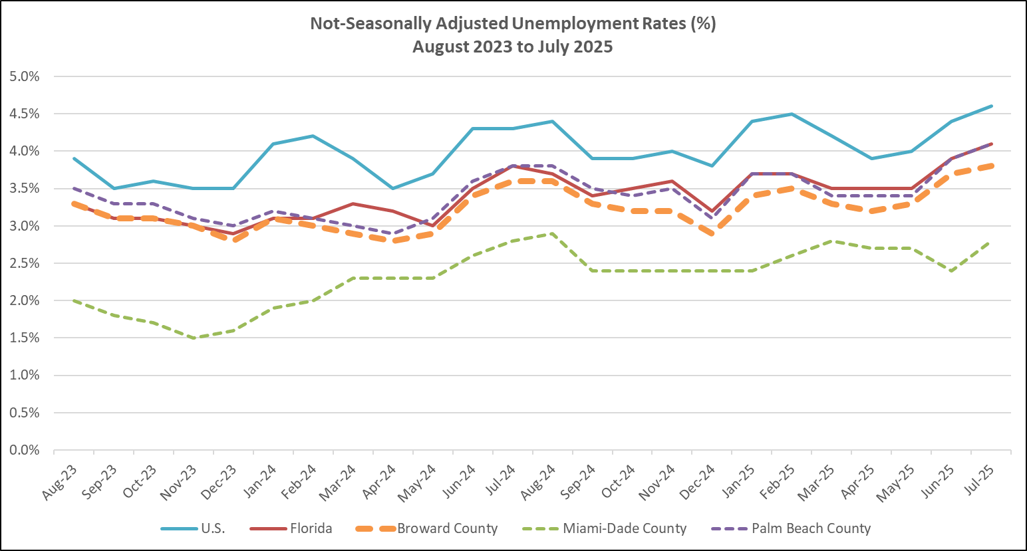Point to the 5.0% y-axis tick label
point(25,76)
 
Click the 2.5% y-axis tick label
point(25,263)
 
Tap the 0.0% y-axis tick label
point(25,450)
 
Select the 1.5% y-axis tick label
point(25,338)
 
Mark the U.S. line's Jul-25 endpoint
point(992,106)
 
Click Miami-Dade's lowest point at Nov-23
point(194,338)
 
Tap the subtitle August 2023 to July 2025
point(512,47)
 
